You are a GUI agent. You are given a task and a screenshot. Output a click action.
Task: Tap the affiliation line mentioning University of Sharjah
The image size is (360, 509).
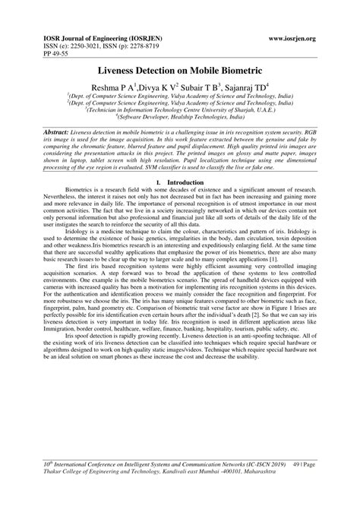coord(180,109)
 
